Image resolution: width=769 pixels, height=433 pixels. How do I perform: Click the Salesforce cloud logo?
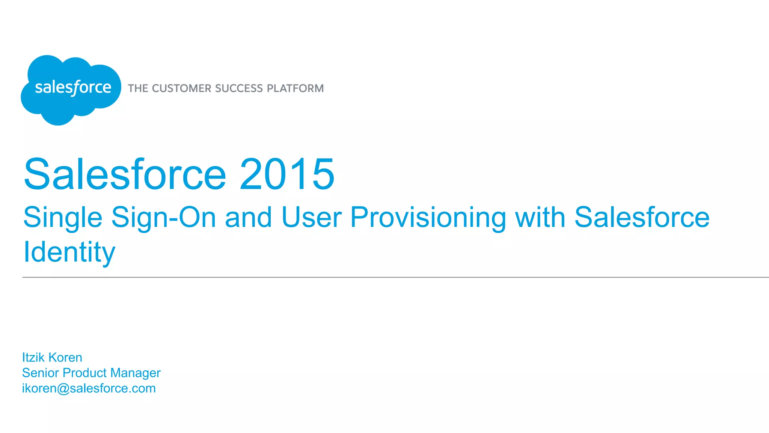tap(71, 89)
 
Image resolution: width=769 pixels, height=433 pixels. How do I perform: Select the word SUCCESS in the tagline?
tap(239, 88)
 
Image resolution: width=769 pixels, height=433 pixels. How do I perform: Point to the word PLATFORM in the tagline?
tap(295, 88)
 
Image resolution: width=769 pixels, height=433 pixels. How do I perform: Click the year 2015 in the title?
tap(287, 174)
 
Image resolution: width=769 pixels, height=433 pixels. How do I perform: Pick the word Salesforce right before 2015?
tap(125, 174)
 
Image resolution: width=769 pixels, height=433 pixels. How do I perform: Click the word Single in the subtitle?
tap(63, 218)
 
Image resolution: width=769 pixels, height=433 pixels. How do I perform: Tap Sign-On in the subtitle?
tap(164, 218)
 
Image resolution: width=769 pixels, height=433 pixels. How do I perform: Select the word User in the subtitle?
tap(311, 217)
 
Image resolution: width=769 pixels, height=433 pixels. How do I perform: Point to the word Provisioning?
tap(428, 218)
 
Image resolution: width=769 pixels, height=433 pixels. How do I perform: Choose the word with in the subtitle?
tap(540, 217)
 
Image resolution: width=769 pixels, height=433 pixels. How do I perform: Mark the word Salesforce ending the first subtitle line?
tap(642, 217)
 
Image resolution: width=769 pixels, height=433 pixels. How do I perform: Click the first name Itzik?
tap(33, 357)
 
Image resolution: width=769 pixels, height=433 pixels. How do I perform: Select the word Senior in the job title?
tap(41, 373)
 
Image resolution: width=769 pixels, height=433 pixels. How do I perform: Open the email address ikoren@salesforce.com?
tap(89, 388)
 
